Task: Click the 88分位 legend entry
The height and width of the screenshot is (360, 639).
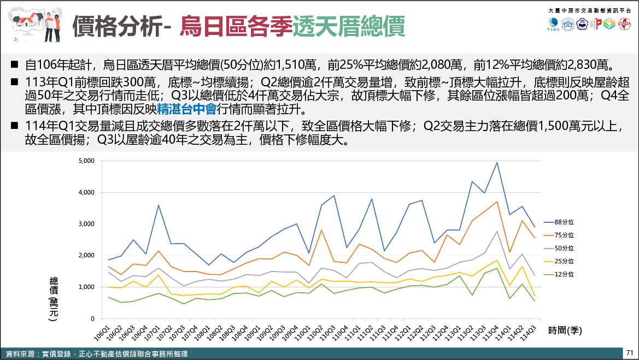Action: pos(564,222)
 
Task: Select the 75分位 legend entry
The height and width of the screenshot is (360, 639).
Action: pos(564,235)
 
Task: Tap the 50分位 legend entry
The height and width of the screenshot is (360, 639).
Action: pos(564,249)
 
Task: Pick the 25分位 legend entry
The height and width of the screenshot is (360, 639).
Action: pos(564,262)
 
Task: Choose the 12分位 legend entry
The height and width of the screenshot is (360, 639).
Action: pos(564,275)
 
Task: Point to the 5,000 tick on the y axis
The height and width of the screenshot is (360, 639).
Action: pos(87,161)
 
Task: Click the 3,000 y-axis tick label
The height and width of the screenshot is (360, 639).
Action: pos(87,224)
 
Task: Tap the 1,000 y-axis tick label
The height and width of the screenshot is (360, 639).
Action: pos(87,287)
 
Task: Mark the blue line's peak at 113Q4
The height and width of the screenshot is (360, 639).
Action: pos(497,162)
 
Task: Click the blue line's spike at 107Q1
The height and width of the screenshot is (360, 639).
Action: pos(159,205)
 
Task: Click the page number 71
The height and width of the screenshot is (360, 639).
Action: pos(629,352)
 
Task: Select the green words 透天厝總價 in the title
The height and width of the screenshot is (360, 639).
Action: pos(349,25)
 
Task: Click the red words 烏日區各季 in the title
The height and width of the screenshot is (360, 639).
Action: pos(236,25)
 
